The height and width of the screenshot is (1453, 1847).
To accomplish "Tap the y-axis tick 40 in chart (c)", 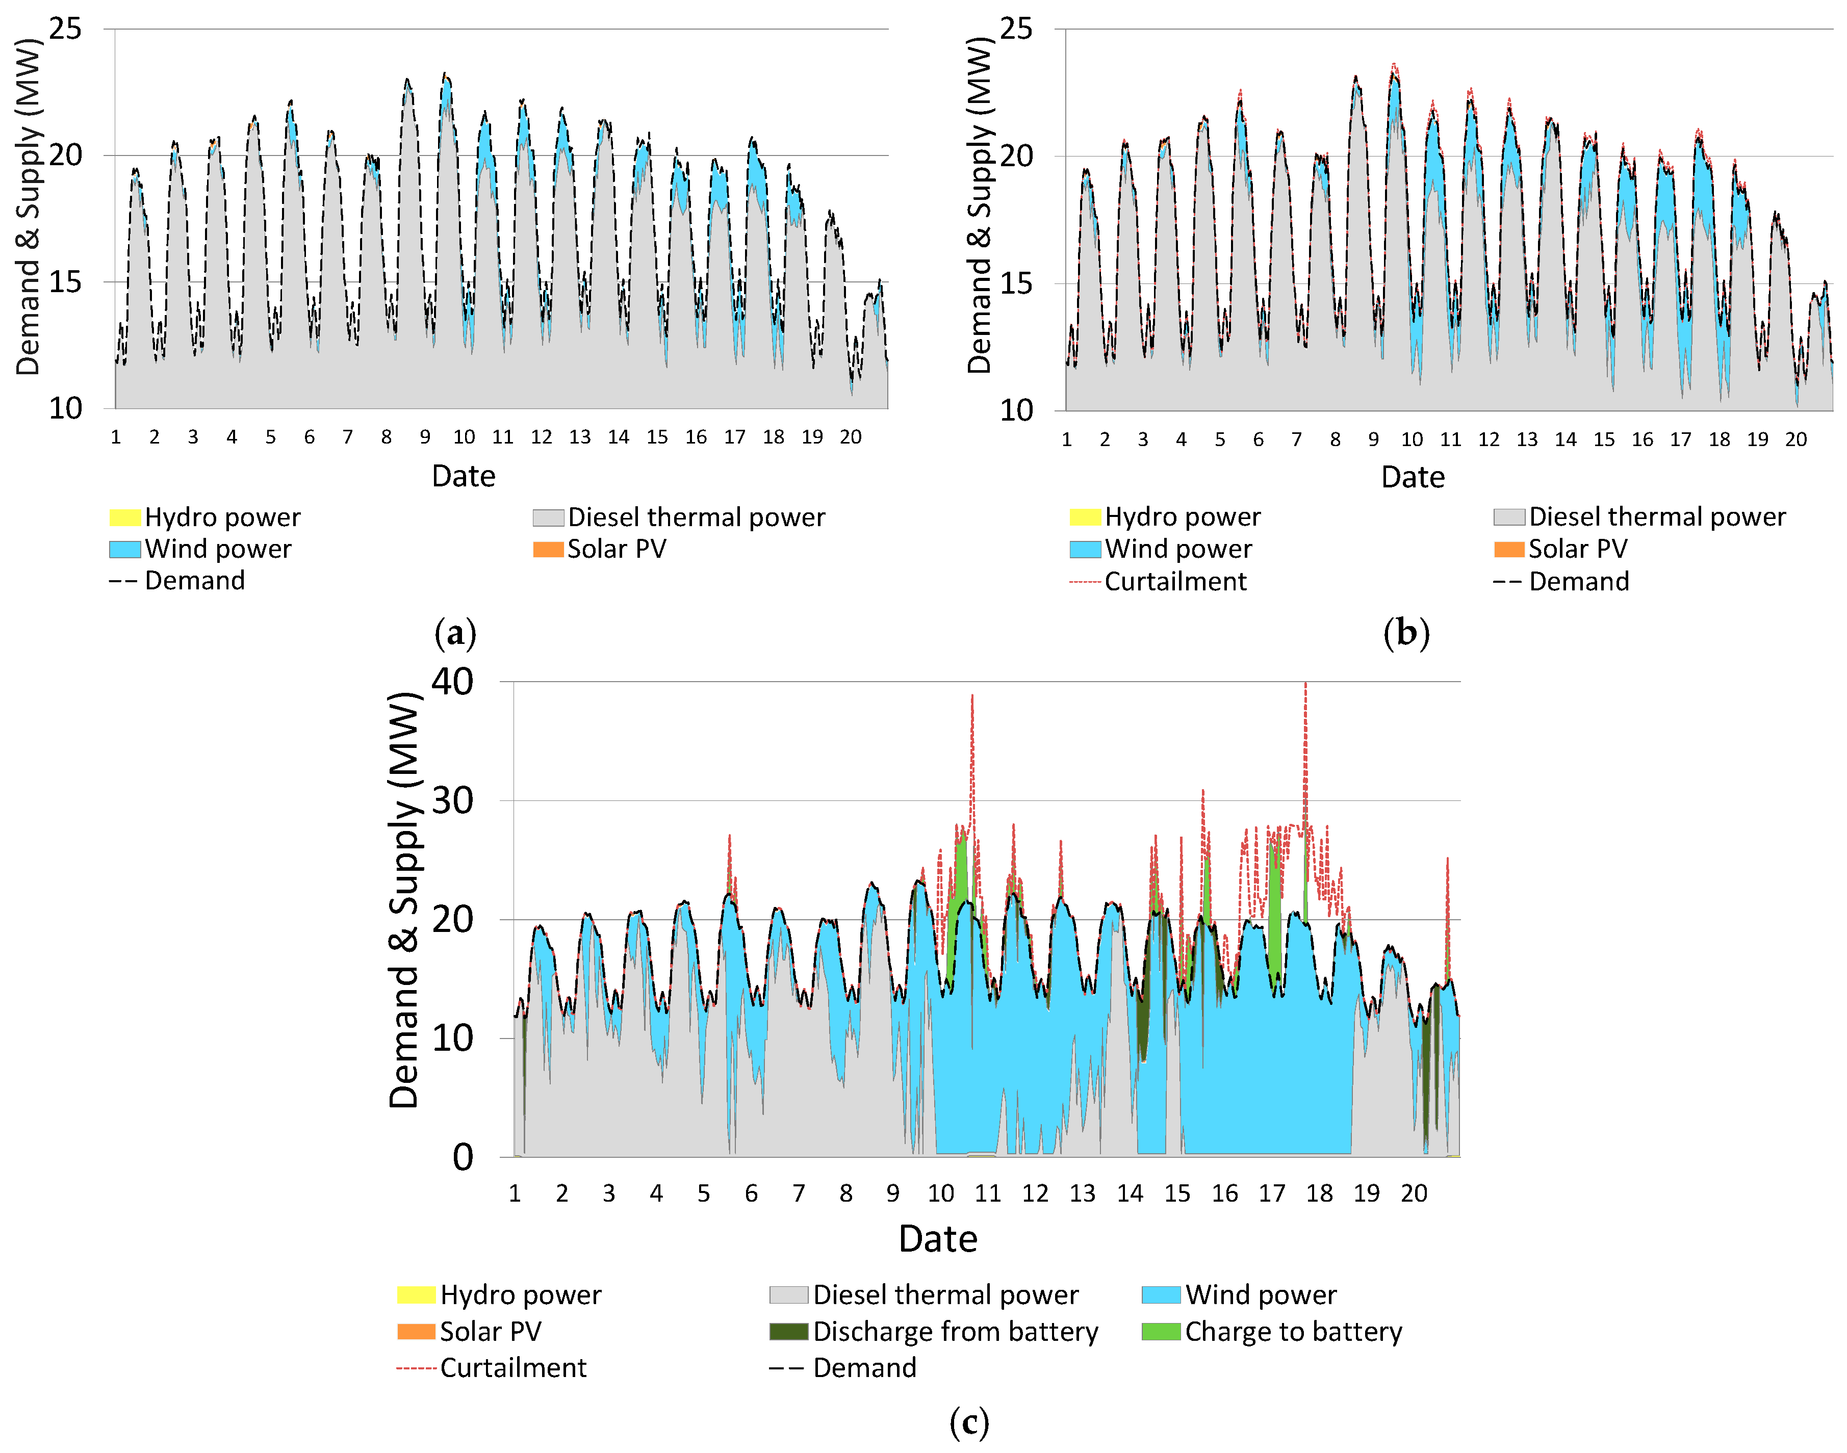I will [x=453, y=682].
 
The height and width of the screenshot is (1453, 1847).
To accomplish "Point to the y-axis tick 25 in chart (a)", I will [x=65, y=29].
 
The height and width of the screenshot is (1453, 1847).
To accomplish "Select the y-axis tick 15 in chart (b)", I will [x=1017, y=283].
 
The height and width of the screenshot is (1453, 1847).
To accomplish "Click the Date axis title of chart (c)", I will [x=938, y=1239].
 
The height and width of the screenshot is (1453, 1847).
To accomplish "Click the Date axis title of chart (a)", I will [x=463, y=476].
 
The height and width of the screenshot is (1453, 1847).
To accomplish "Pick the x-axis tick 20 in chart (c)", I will [x=1414, y=1193].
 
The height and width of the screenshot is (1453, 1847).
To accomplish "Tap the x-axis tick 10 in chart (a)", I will [x=464, y=437].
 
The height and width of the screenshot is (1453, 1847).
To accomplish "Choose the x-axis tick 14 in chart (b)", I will [x=1566, y=440].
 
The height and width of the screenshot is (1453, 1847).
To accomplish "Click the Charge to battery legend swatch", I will [x=1161, y=1331].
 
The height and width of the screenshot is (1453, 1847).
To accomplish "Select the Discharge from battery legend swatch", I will [x=789, y=1331].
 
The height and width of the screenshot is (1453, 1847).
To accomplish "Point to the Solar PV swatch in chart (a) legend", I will [x=548, y=550].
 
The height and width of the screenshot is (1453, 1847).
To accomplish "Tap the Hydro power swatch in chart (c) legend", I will [x=416, y=1295].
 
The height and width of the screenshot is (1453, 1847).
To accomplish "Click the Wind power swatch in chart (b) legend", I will [x=1085, y=550].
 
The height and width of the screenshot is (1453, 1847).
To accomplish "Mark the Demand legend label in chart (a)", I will [x=195, y=581].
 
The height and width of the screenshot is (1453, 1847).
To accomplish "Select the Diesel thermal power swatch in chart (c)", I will [x=789, y=1295].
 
